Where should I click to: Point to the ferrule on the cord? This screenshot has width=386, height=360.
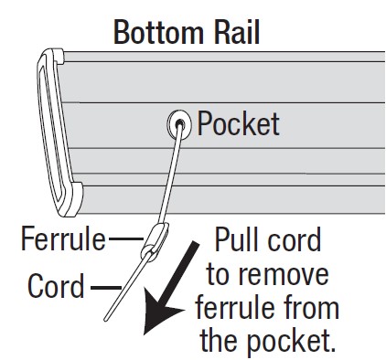(x=156, y=240)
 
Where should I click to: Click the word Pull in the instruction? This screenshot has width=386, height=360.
(x=241, y=241)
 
